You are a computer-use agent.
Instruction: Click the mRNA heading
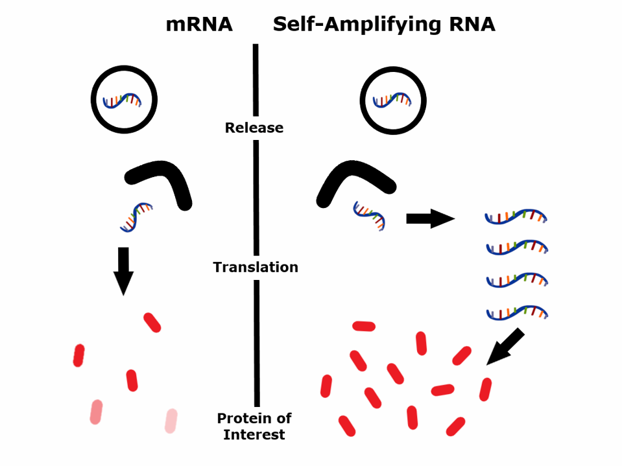[x=198, y=25]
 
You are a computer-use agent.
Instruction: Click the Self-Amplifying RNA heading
[x=384, y=25]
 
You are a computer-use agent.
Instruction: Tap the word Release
[x=254, y=128]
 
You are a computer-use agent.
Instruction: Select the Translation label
[x=256, y=267]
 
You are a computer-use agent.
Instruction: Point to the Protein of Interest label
[x=254, y=426]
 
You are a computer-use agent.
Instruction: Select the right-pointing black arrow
[x=430, y=218]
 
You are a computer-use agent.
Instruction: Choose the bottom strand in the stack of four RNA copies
[x=517, y=314]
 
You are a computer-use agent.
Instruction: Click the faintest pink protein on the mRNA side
[x=171, y=421]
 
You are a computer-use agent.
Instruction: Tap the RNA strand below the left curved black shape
[x=136, y=216]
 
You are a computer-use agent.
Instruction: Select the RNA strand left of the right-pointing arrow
[x=369, y=216]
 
